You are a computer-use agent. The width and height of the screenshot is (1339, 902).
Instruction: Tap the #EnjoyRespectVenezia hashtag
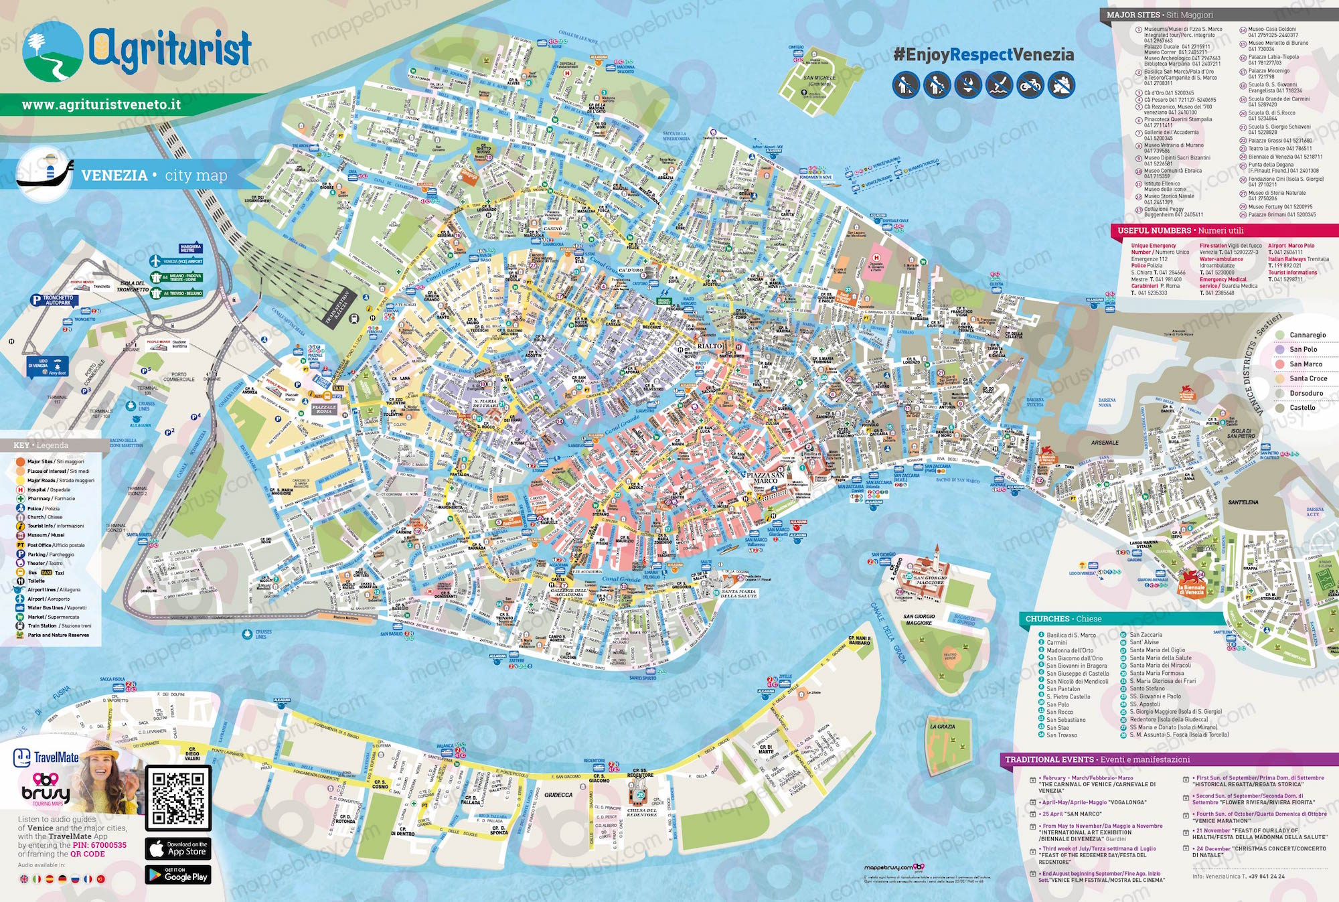pos(983,55)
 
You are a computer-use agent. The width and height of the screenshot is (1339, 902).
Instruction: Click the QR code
pos(178,798)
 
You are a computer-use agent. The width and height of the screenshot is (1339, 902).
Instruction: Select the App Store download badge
pos(178,849)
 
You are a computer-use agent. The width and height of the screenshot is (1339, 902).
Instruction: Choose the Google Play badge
pos(178,875)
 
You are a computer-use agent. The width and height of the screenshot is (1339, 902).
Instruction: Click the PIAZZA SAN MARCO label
pos(765,477)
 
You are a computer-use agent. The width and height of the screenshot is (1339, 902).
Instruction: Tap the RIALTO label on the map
pos(710,346)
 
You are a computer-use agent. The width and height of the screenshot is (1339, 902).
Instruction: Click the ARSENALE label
pos(1104,443)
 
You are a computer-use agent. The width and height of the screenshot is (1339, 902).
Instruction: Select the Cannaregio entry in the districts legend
pos(1307,335)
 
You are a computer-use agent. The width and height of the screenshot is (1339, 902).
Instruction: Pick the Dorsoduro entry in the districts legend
pos(1306,393)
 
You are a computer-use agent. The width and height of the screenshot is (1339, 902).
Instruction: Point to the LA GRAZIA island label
pos(942,727)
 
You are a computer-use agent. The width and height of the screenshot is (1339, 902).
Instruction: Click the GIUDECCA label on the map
pos(558,795)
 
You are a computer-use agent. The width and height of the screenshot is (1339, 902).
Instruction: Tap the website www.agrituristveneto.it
pos(101,105)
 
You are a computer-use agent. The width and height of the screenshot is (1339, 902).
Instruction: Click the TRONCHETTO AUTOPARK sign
pos(58,300)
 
